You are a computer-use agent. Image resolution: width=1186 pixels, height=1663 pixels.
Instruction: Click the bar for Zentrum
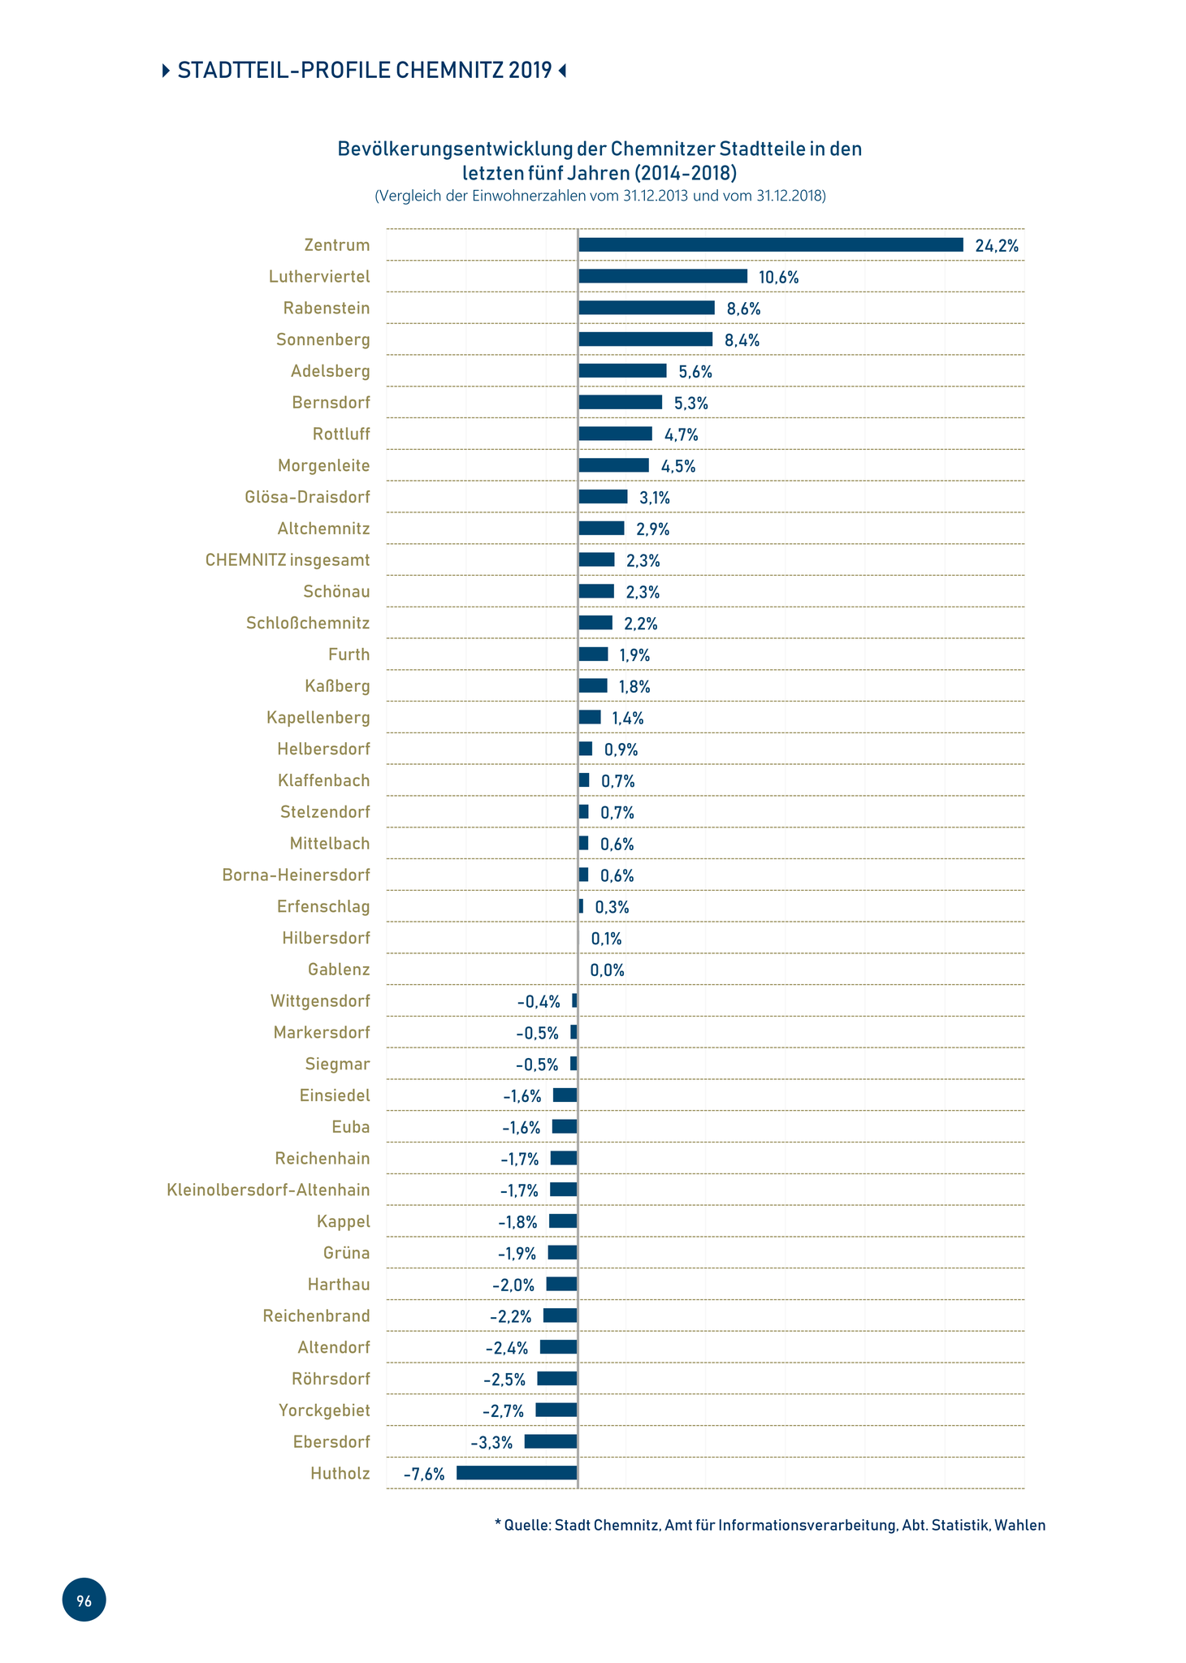[770, 245]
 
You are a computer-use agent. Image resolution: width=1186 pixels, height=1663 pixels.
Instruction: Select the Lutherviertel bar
[662, 276]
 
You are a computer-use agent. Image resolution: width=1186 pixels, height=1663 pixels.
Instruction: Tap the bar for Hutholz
[517, 1472]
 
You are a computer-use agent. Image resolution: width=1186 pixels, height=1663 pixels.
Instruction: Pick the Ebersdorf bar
[551, 1441]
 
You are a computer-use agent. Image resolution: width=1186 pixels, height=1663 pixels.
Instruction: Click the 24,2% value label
[997, 246]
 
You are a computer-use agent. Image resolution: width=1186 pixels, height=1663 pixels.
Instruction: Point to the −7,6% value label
[424, 1474]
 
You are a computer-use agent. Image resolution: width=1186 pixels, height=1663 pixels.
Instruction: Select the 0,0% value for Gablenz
[607, 970]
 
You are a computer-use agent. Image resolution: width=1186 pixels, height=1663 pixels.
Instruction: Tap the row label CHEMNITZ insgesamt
[288, 560]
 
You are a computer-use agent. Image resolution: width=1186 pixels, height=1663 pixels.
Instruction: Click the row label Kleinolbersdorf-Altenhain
[268, 1190]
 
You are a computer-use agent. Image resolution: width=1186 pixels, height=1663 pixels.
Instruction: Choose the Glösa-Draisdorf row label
[307, 497]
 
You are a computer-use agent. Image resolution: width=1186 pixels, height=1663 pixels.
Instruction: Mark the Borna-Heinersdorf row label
[296, 875]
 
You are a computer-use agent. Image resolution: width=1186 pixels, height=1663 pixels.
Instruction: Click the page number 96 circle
[84, 1600]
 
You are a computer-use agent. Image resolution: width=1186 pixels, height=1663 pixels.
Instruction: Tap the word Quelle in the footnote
[527, 1525]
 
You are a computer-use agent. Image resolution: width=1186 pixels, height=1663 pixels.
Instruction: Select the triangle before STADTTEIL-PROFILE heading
[167, 71]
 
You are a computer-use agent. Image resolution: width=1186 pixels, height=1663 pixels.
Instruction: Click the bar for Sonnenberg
[645, 339]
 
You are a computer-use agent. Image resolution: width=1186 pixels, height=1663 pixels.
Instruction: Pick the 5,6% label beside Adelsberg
[695, 372]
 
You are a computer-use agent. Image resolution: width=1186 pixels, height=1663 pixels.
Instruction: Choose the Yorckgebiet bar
[556, 1410]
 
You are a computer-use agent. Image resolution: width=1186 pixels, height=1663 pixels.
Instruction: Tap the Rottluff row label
[341, 434]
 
